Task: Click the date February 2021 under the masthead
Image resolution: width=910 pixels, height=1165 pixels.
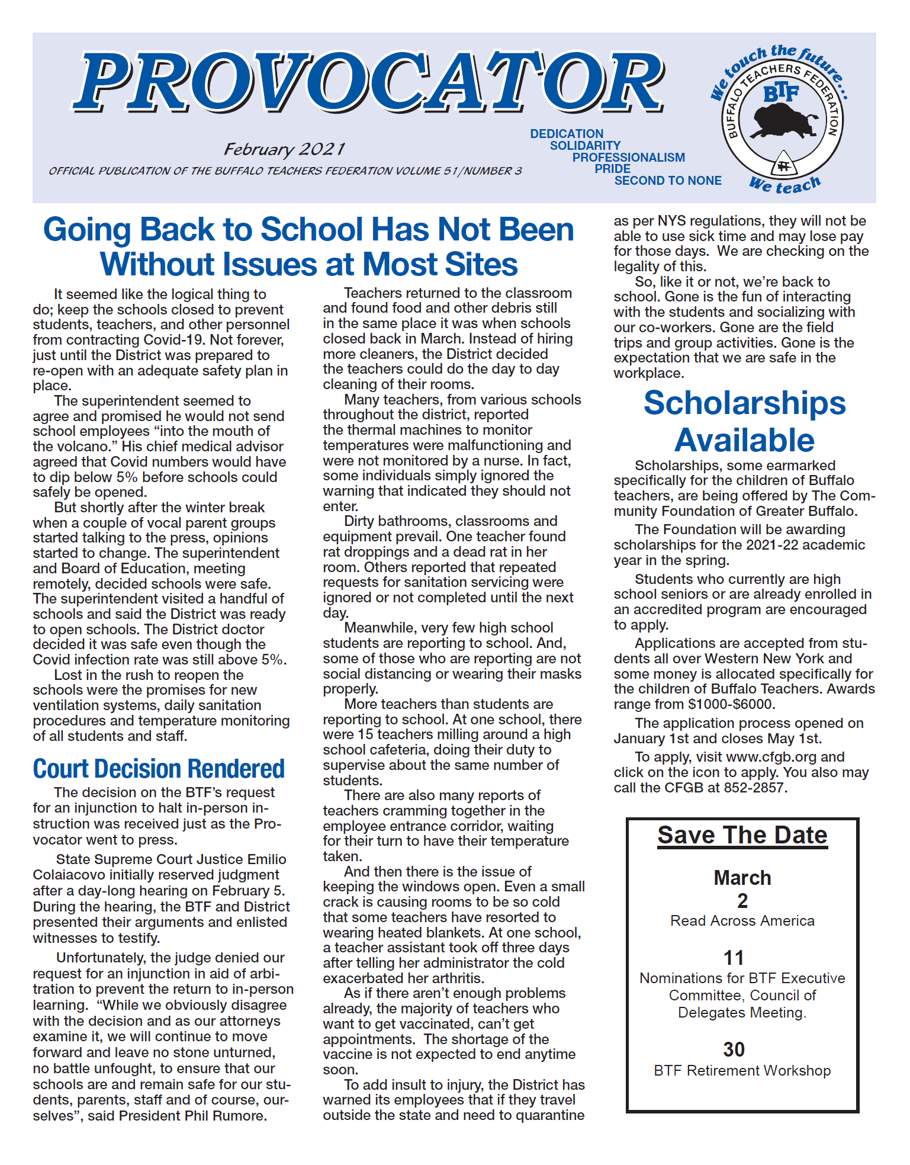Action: click(x=284, y=149)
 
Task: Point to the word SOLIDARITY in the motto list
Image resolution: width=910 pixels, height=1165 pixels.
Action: click(x=585, y=146)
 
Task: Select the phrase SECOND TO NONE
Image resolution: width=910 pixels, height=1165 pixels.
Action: click(x=668, y=181)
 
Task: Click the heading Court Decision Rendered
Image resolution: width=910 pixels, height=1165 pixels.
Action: click(x=159, y=769)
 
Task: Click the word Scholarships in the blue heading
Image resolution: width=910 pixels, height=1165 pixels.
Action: click(x=744, y=403)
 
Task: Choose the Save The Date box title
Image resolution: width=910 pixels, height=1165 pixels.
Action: click(x=742, y=835)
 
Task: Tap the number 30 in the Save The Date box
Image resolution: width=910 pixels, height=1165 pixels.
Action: click(x=734, y=1050)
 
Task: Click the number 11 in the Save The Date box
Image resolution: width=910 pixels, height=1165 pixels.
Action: click(x=734, y=958)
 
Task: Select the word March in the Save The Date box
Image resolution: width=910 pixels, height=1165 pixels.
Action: click(x=742, y=878)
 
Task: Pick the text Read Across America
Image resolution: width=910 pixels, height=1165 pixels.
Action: click(x=742, y=921)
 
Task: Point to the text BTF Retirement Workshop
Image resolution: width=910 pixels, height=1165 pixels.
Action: click(x=742, y=1071)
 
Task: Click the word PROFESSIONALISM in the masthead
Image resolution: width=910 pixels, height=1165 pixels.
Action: click(x=628, y=158)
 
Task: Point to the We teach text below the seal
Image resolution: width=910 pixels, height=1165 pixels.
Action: click(x=785, y=185)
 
